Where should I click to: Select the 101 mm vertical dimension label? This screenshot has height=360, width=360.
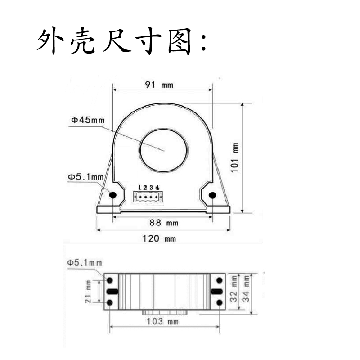pos(234,157)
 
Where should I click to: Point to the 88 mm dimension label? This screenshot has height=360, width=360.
pos(163,223)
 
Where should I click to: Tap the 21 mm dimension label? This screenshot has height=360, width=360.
pos(88,291)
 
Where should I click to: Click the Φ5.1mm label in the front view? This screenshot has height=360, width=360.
pos(85,177)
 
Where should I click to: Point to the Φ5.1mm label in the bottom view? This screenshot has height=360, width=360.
pos(85,262)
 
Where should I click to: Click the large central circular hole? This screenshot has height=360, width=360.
pos(163,150)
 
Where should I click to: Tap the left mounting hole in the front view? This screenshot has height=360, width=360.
pos(112,195)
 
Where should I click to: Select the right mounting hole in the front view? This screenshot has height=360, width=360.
pos(212,195)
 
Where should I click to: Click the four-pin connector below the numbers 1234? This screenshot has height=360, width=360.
pos(148,197)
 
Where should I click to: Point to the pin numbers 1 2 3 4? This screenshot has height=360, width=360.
pos(148,187)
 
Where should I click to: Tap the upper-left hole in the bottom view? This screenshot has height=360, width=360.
pos(109,280)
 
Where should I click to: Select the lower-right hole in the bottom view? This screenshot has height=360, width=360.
pos(219,302)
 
